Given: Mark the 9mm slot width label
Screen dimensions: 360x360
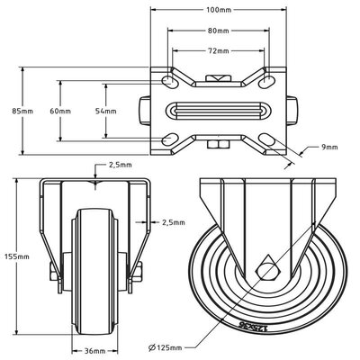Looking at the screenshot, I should coord(328,146).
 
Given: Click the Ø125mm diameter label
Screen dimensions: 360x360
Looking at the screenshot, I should coord(162,346).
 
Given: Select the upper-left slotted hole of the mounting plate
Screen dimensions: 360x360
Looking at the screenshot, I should coord(169,81).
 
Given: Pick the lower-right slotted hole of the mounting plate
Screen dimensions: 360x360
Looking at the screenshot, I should coord(268,139).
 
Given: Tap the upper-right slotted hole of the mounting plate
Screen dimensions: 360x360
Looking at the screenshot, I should coord(268,81).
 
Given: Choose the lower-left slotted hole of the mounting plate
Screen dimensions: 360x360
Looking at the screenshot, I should coord(169,139).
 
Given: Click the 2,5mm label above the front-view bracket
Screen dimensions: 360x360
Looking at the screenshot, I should coord(119,166).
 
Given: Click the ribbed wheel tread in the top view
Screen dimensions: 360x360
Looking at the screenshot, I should coord(217,110).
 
